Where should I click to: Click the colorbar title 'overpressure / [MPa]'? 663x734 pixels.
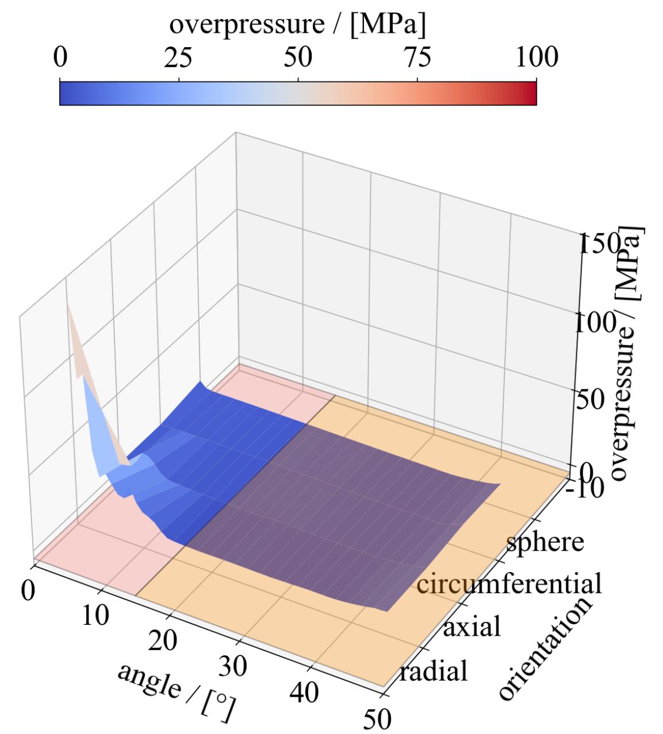(x=297, y=24)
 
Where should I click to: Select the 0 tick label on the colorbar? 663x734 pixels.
(x=59, y=58)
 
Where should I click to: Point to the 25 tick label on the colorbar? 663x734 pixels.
(x=178, y=58)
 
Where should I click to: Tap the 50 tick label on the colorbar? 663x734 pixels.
(x=298, y=58)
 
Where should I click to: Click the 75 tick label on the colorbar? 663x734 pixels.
(x=416, y=58)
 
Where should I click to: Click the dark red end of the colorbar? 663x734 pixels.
(x=532, y=93)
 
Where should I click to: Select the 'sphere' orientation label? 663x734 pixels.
(x=545, y=542)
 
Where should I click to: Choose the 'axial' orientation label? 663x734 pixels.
(x=472, y=627)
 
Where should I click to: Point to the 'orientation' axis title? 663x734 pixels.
(x=543, y=648)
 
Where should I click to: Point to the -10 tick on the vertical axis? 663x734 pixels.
(x=584, y=488)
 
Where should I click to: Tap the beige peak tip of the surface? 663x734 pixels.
(x=68, y=306)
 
